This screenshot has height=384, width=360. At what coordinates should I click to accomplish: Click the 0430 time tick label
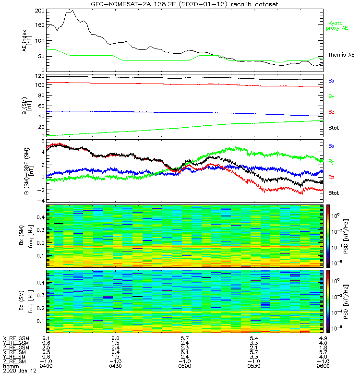click(115, 366)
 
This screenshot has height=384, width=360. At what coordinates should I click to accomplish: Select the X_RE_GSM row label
click(16, 338)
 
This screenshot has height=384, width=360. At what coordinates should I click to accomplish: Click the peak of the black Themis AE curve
click(72, 11)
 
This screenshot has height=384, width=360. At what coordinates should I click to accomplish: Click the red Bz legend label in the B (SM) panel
click(331, 112)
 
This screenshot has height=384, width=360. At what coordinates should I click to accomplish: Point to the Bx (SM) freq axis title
click(23, 235)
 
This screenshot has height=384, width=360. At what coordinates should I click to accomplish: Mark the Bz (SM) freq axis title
click(23, 301)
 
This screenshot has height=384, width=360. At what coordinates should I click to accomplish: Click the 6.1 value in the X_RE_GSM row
click(46, 338)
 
